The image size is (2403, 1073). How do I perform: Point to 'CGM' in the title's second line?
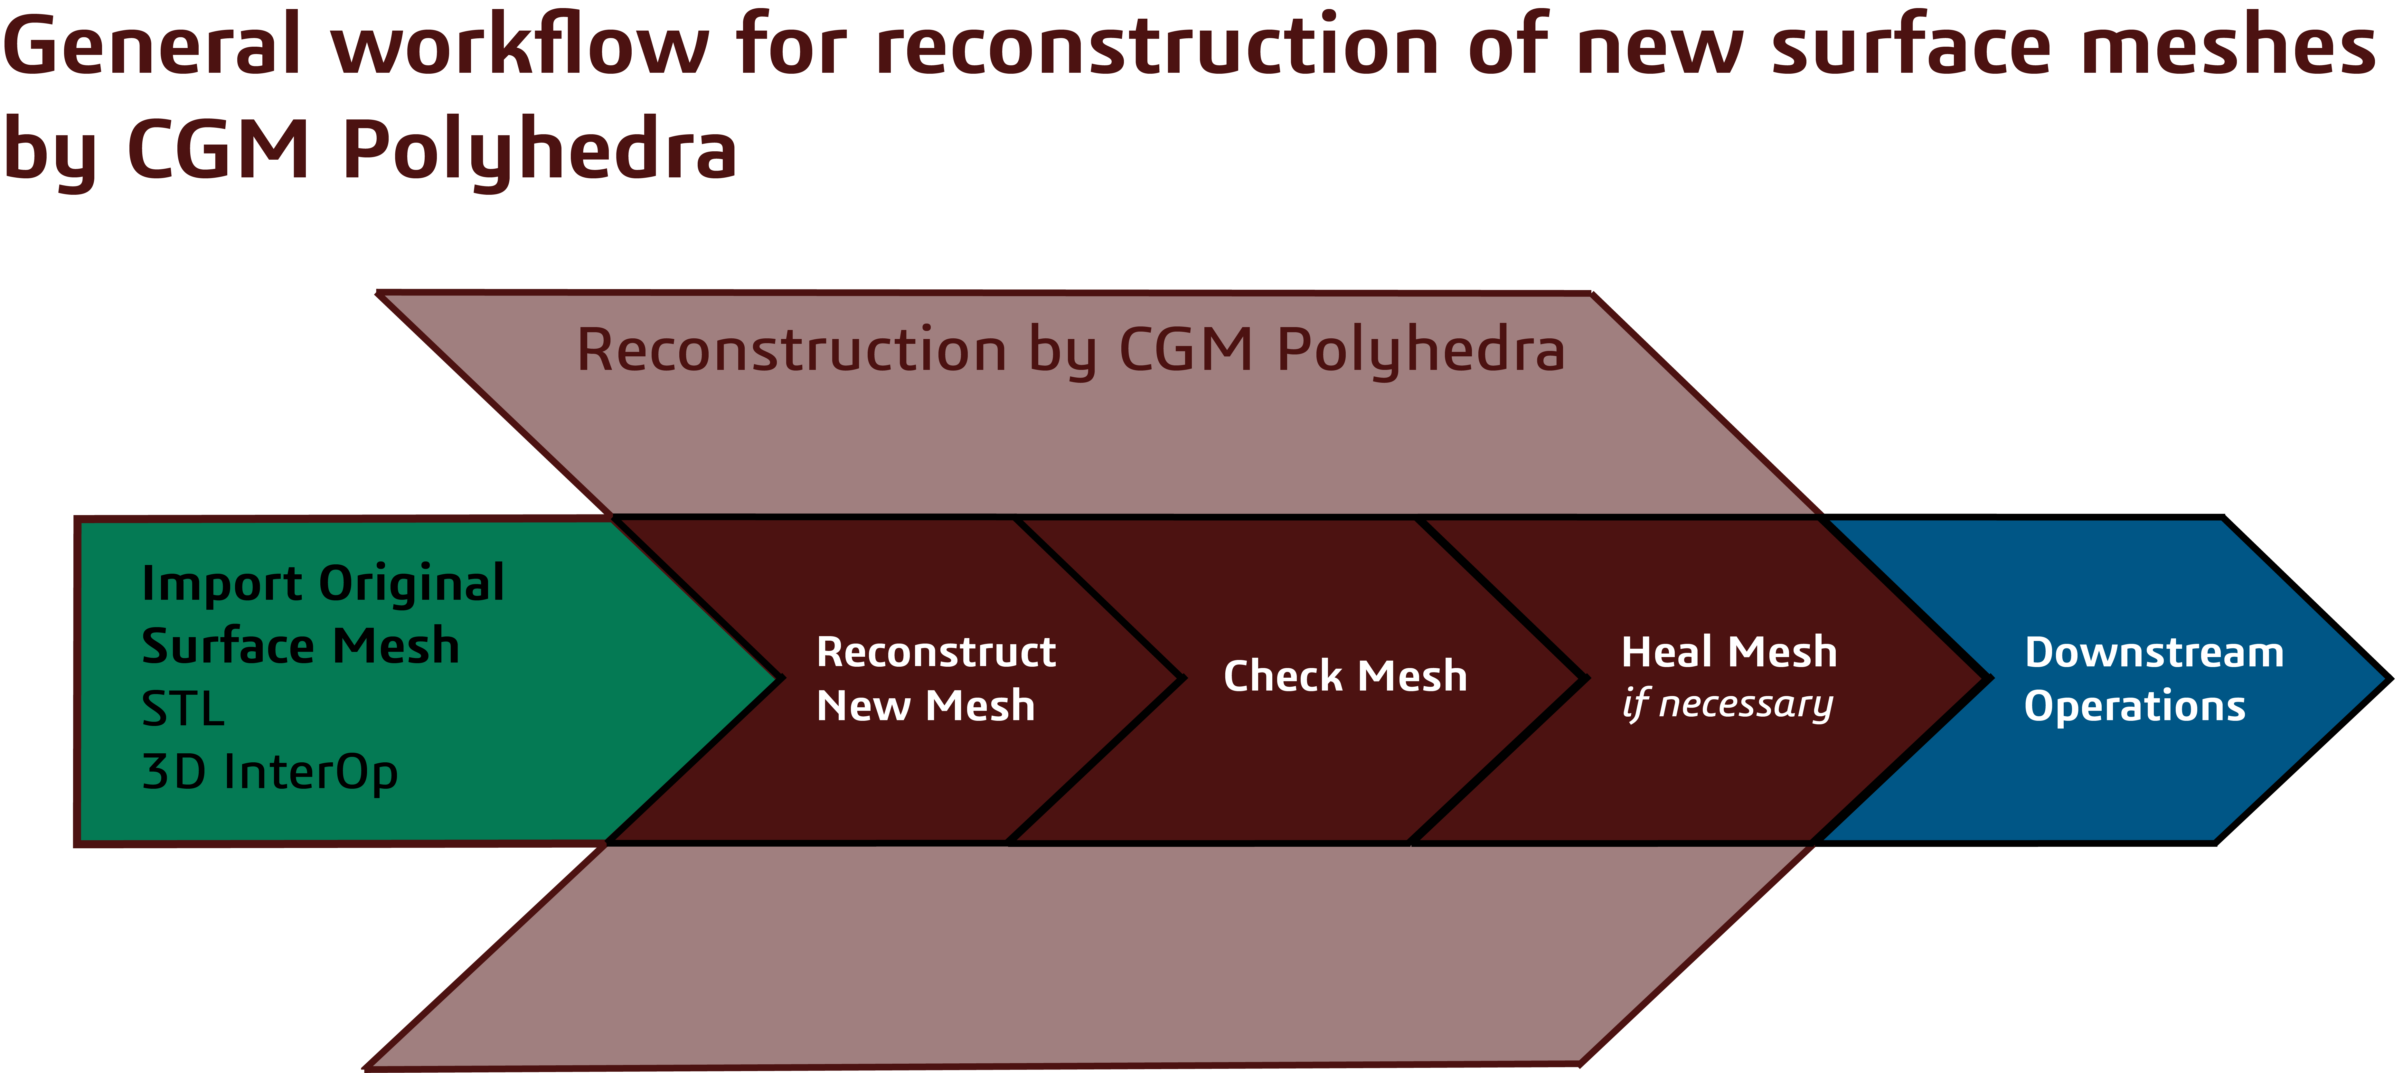click(217, 149)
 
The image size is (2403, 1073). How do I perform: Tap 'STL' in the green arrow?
click(183, 709)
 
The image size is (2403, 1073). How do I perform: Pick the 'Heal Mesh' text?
click(1729, 651)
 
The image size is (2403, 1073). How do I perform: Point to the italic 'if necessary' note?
click(1728, 704)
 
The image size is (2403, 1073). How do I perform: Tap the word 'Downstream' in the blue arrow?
click(2154, 652)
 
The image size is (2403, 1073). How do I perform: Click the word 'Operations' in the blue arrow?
click(2134, 706)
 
